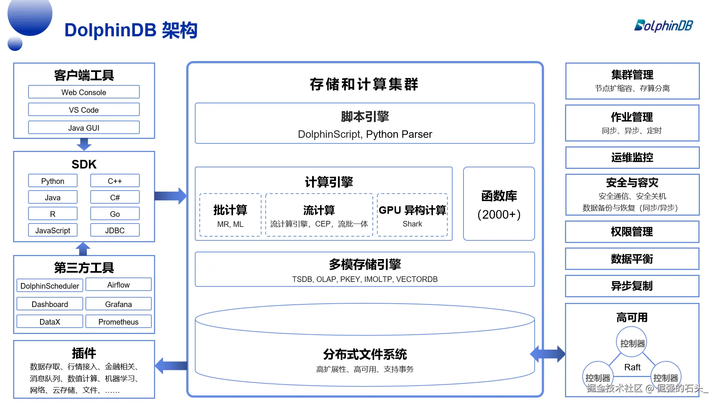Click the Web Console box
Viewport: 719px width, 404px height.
click(84, 92)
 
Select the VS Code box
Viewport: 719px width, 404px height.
click(84, 110)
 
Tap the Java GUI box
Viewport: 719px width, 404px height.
click(84, 128)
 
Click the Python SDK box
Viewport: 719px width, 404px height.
click(52, 181)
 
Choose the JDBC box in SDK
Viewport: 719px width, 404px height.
click(115, 230)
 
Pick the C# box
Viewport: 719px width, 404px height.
click(115, 197)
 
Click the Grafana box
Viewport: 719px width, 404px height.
click(118, 304)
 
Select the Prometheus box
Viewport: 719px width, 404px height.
click(118, 322)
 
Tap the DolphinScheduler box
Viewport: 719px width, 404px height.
click(49, 286)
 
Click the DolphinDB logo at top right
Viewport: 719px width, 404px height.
click(663, 25)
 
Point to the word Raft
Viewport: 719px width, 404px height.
click(632, 367)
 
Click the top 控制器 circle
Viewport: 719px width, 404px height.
click(632, 343)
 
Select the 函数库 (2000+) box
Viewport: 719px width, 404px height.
click(499, 204)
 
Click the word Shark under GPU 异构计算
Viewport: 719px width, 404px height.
click(412, 224)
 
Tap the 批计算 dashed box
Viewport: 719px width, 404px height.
click(230, 215)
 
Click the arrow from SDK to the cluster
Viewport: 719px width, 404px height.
click(170, 196)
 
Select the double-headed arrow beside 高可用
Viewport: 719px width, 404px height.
click(548, 354)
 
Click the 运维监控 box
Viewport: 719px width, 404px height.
click(632, 158)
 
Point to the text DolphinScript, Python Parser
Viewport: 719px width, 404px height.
click(365, 134)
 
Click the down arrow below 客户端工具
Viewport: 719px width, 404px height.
click(84, 144)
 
